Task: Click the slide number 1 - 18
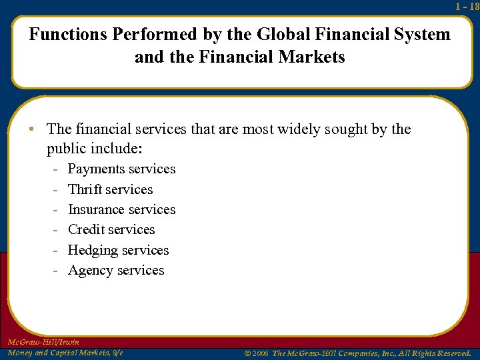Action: (x=467, y=7)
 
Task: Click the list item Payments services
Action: (x=121, y=169)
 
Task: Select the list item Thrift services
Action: (x=110, y=189)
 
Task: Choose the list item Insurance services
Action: (x=121, y=209)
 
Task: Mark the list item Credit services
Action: (x=111, y=229)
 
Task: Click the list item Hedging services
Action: (x=118, y=250)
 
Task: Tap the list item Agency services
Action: (x=115, y=270)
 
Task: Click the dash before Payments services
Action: (x=57, y=169)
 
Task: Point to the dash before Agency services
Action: (x=57, y=270)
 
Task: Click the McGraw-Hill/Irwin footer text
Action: (x=43, y=342)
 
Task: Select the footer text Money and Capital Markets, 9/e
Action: (x=65, y=353)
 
